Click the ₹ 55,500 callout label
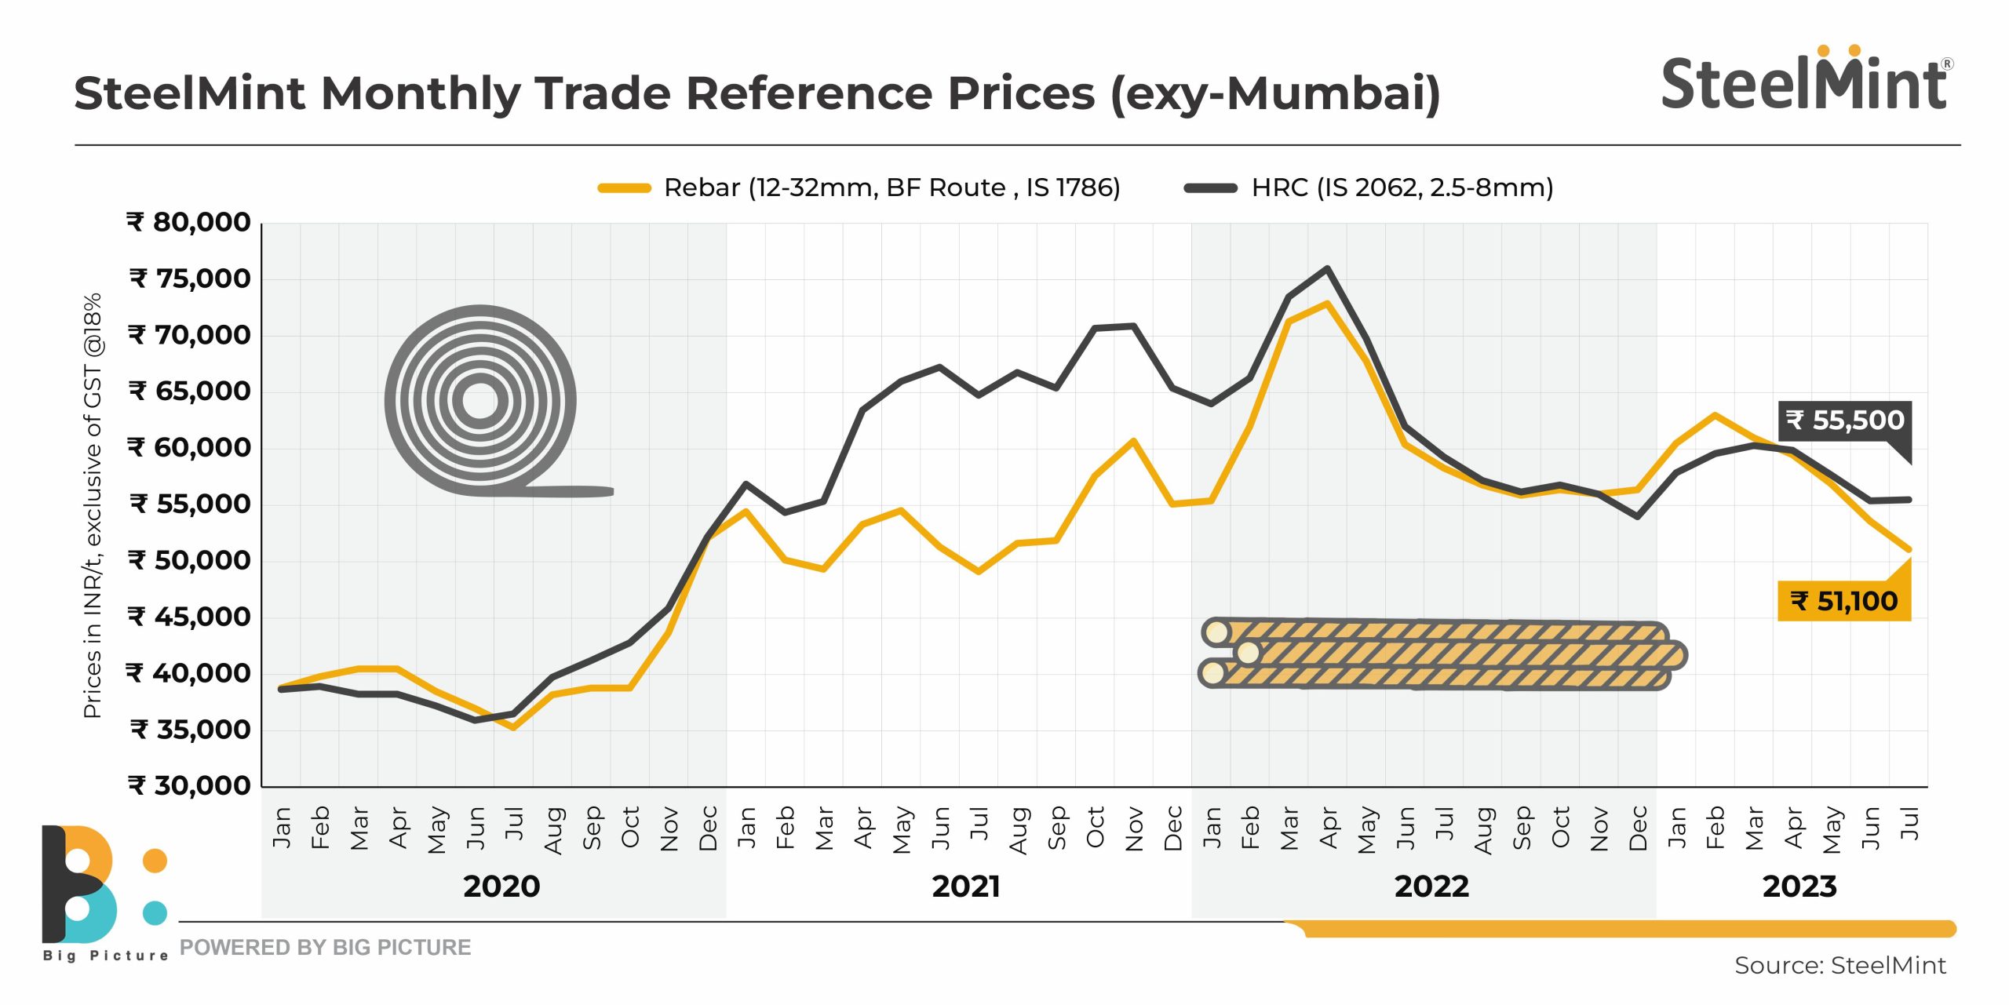1844,421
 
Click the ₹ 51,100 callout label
1843,602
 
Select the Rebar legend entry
859,188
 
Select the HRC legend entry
1369,188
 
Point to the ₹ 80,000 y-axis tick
189,223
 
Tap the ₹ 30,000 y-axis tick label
189,785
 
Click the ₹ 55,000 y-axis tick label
189,504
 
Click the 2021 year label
966,887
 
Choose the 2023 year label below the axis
1799,887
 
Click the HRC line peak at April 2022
1327,269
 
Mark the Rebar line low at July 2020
513,727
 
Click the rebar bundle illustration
1442,654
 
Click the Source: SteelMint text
1839,966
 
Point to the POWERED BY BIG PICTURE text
325,948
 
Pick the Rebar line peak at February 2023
1715,415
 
